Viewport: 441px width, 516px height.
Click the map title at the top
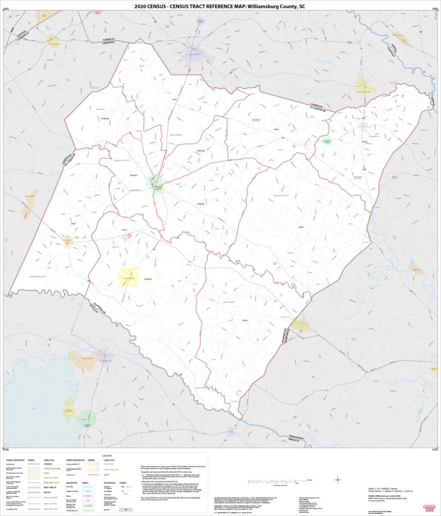point(220,7)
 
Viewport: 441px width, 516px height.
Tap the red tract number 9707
point(73,223)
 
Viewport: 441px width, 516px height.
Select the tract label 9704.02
point(105,119)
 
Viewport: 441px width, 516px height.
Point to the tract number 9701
point(175,100)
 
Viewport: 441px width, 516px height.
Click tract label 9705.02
point(200,150)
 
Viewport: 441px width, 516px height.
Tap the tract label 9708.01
point(148,279)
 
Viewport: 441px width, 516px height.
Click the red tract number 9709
point(245,320)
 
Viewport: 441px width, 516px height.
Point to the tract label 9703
point(365,142)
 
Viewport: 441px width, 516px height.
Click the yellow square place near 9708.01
point(128,277)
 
